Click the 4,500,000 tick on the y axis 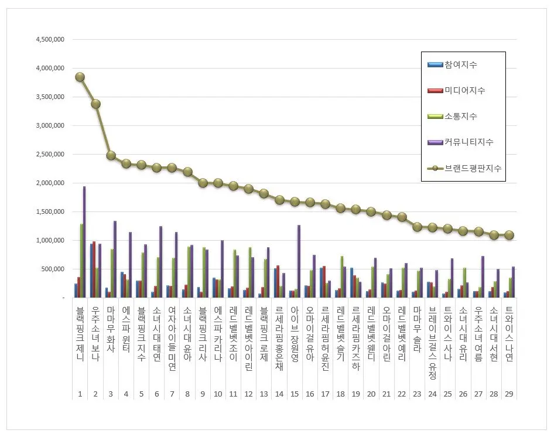pos(50,40)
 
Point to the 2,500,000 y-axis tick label pos(50,155)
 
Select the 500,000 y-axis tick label pos(53,269)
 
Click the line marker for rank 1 pos(80,77)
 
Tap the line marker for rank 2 pos(95,104)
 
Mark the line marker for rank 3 pos(111,156)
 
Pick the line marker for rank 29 pos(509,235)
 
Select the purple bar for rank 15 pos(299,261)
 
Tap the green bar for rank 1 pos(81,261)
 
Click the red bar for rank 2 pos(94,269)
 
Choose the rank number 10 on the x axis pos(218,394)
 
